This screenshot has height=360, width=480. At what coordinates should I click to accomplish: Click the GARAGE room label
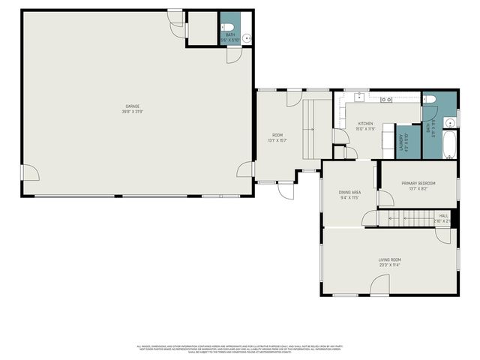tap(132, 106)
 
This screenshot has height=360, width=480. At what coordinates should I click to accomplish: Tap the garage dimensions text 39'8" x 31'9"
tap(132, 112)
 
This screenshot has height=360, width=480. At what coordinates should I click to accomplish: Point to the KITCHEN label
tap(365, 124)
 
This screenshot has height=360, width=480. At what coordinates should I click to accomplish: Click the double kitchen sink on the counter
tap(386, 100)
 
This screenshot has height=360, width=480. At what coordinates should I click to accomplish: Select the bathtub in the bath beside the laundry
tap(448, 145)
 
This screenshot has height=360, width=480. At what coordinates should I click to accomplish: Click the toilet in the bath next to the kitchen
tap(429, 101)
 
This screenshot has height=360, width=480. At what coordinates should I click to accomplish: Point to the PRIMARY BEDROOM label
tap(418, 183)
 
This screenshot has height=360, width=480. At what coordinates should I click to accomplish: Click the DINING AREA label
tap(350, 193)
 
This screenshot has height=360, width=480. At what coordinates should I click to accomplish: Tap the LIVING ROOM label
tap(389, 259)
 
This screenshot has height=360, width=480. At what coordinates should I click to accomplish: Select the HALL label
tap(443, 215)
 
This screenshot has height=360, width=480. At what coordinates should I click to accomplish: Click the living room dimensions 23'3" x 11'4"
tap(389, 265)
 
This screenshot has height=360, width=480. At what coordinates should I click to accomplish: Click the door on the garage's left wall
tap(31, 174)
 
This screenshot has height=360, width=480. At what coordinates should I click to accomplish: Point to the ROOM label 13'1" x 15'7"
tap(277, 136)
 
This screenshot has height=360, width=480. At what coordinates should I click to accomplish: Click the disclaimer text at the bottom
tap(240, 348)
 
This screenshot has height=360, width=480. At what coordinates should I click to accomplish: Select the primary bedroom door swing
tap(385, 198)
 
